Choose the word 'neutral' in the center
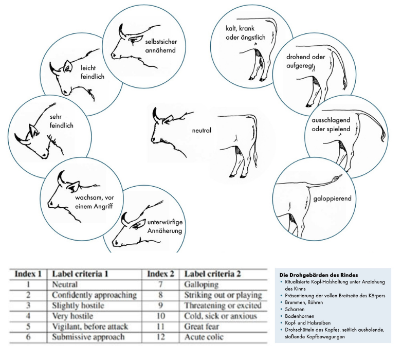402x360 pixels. (x=202, y=130)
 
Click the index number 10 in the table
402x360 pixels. (x=161, y=316)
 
